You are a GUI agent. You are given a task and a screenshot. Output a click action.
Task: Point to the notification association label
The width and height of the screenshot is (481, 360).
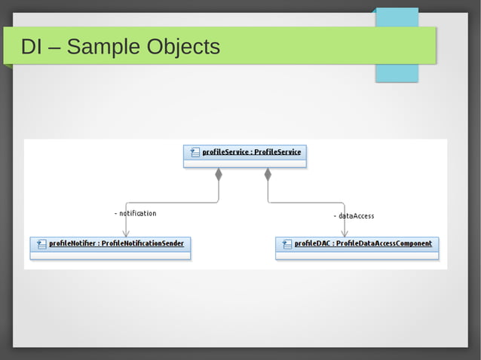136,213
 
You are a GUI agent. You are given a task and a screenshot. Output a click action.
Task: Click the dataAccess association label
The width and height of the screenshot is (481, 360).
354,216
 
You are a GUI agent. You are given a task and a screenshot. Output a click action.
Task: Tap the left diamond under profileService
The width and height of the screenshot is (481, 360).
219,175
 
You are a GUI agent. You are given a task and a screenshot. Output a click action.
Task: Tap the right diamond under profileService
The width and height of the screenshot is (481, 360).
268,175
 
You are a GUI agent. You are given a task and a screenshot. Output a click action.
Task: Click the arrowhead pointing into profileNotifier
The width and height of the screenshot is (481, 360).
127,233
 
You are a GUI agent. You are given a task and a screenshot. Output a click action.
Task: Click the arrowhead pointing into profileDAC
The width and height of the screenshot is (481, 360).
345,233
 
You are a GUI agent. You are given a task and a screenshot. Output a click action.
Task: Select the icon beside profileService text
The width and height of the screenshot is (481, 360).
195,152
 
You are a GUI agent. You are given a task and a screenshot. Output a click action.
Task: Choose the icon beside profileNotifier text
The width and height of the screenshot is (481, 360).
41,244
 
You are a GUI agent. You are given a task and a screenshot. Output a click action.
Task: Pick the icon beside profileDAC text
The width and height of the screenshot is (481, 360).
286,244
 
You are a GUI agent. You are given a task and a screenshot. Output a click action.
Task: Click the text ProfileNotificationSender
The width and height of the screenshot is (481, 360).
142,244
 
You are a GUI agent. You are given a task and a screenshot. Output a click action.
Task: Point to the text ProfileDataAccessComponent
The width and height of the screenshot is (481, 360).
384,244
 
